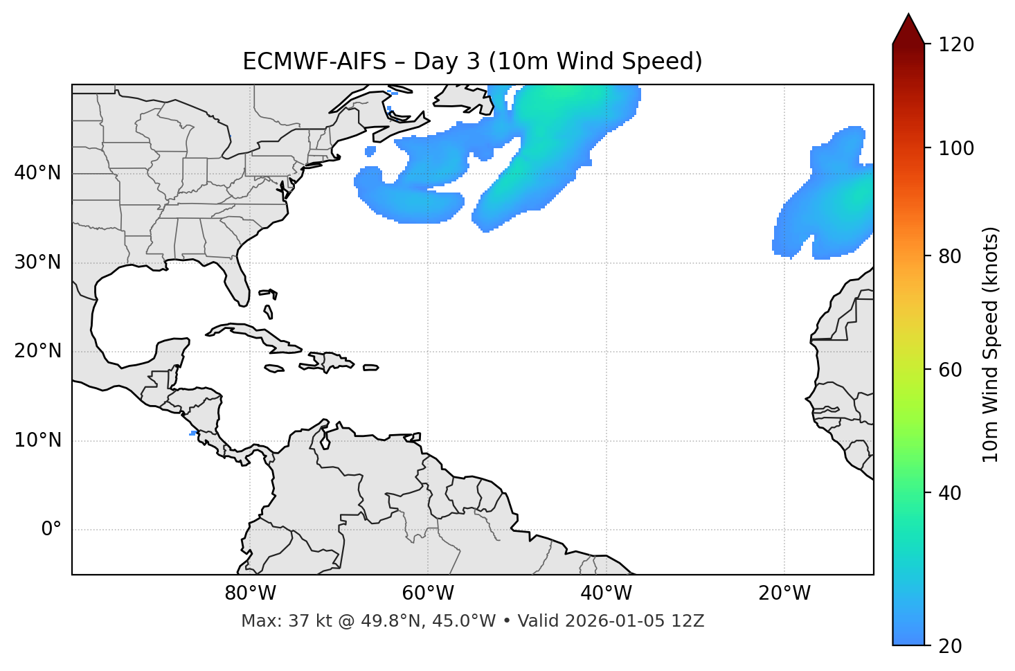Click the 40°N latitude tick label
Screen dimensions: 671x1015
tap(37, 173)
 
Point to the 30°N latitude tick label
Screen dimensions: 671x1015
tap(37, 262)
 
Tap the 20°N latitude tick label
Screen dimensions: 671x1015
tap(37, 351)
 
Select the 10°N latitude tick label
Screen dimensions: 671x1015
tap(37, 440)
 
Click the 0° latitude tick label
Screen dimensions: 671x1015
tap(51, 530)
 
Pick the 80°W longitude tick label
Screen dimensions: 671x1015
tap(250, 593)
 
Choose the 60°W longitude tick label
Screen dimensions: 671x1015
tap(428, 593)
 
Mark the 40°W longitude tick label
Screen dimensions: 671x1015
tap(606, 593)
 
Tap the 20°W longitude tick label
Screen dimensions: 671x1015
tap(784, 593)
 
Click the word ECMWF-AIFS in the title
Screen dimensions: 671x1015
tap(314, 62)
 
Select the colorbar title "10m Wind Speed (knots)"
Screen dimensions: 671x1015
tap(991, 345)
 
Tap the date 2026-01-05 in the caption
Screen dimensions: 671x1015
tap(618, 621)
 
